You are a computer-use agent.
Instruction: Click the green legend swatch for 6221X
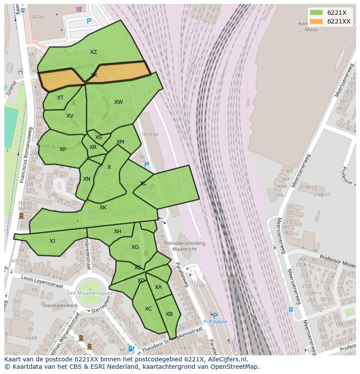click(x=316, y=13)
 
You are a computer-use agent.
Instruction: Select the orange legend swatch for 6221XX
click(x=316, y=22)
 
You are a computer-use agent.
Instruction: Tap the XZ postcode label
click(x=93, y=52)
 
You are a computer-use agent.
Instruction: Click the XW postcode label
click(x=118, y=102)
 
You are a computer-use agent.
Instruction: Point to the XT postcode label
click(x=60, y=98)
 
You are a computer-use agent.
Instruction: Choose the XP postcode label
click(x=63, y=149)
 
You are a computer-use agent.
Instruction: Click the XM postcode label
click(x=120, y=142)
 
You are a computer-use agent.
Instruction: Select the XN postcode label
click(x=87, y=179)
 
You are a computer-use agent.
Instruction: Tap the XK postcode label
click(x=103, y=208)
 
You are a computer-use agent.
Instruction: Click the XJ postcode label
click(x=52, y=241)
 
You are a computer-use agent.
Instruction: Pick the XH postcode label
click(x=117, y=232)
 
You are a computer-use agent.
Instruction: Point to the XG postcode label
click(x=135, y=247)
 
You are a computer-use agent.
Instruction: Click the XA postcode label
click(x=158, y=287)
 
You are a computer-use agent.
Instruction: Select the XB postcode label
click(x=169, y=314)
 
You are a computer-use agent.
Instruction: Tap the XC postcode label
click(x=148, y=309)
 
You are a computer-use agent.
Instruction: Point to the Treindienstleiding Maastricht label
click(x=185, y=247)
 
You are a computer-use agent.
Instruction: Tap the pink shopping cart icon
click(x=79, y=9)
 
